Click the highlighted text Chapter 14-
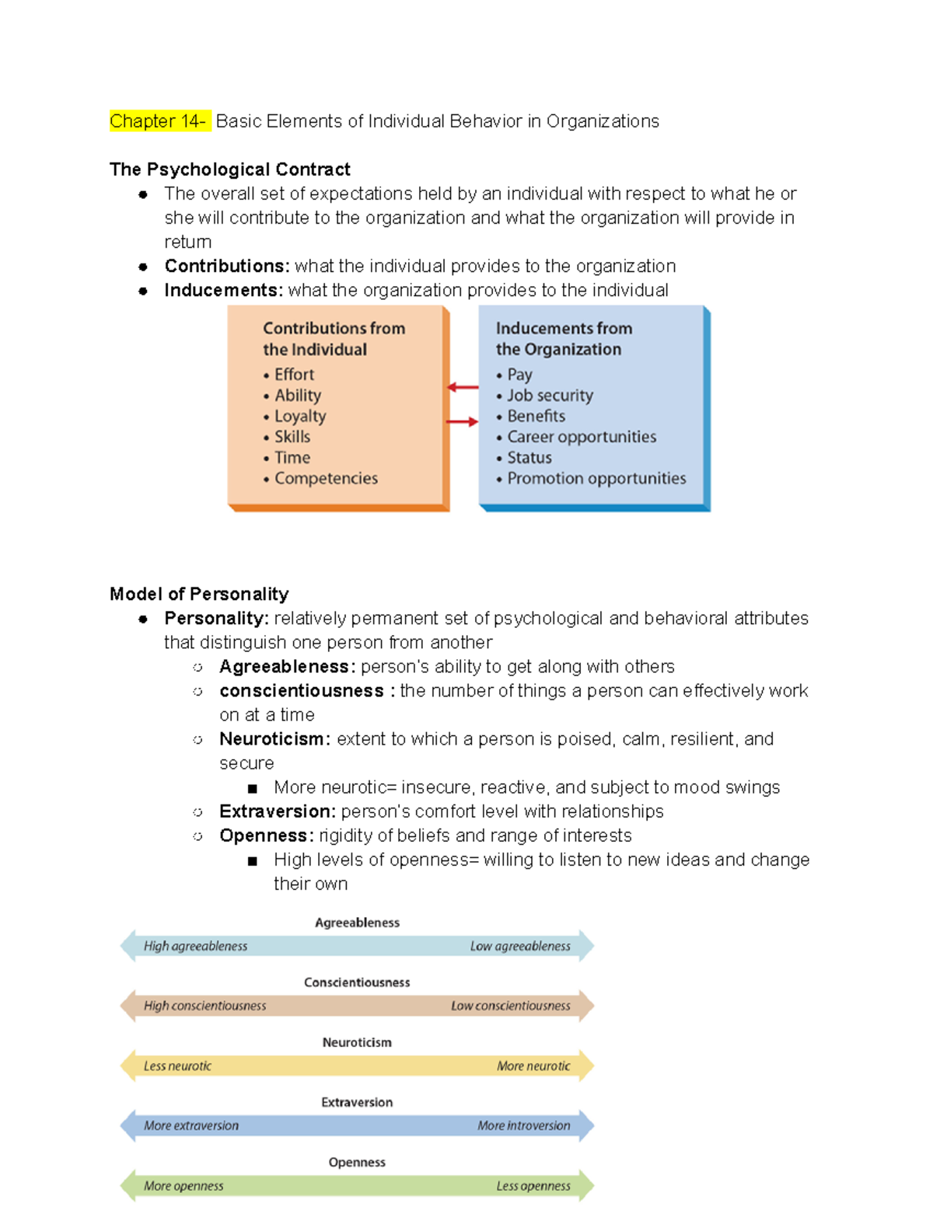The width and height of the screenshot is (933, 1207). [x=159, y=121]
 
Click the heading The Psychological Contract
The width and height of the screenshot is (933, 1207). [x=229, y=169]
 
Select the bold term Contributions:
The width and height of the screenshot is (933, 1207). [x=226, y=266]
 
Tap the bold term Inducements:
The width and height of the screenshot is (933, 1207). [x=223, y=290]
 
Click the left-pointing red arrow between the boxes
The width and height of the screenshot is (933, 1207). [x=463, y=387]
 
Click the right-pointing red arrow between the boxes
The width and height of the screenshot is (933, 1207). [x=463, y=422]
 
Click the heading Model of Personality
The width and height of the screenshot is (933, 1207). [x=199, y=594]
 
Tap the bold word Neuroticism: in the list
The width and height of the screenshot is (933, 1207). [x=274, y=739]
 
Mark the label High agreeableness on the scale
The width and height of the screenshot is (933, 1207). [x=195, y=946]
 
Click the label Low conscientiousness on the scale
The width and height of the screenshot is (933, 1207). [x=510, y=1006]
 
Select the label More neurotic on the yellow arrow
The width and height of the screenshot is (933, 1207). [x=533, y=1066]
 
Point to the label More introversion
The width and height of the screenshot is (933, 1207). [x=523, y=1125]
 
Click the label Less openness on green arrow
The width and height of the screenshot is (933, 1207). [x=533, y=1186]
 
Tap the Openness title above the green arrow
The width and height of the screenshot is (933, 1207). [x=357, y=1162]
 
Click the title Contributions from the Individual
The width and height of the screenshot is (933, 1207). [x=334, y=339]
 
